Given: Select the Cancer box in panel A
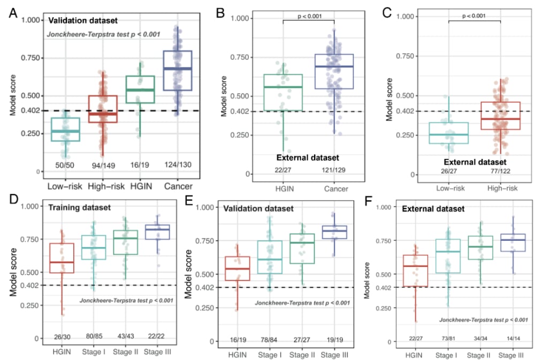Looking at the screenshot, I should tap(178, 71).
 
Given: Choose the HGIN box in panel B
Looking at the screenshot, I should tap(283, 92).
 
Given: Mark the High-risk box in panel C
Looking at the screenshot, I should tap(501, 116).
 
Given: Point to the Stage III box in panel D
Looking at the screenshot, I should tap(158, 232).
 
